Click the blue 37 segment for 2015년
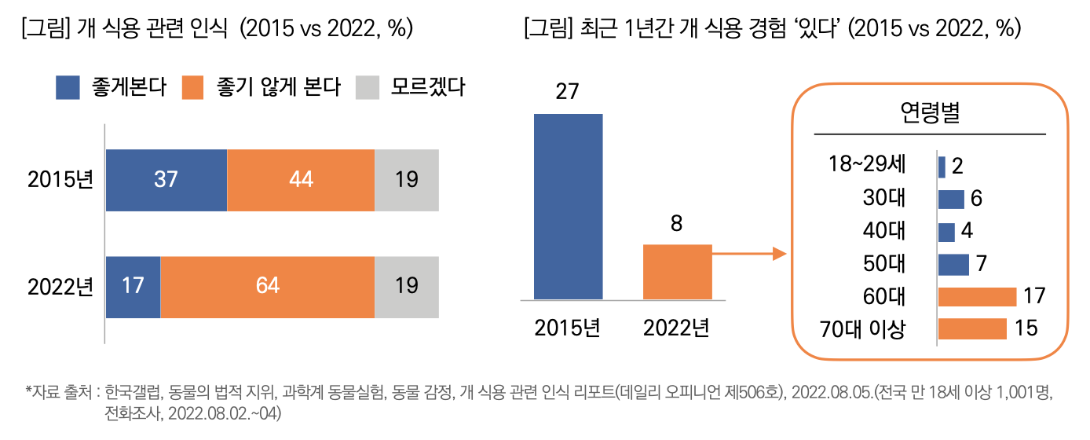[166, 180]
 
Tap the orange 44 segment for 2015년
[301, 180]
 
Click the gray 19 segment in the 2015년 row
[406, 180]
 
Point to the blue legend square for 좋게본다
[68, 87]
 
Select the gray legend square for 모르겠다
[368, 87]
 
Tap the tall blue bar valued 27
[568, 207]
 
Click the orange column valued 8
[677, 272]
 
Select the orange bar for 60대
[977, 297]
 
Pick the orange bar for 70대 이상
[972, 328]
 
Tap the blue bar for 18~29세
[942, 167]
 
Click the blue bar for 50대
[953, 264]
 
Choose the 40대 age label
[884, 232]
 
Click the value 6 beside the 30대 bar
[976, 199]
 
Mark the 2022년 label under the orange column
[676, 327]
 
